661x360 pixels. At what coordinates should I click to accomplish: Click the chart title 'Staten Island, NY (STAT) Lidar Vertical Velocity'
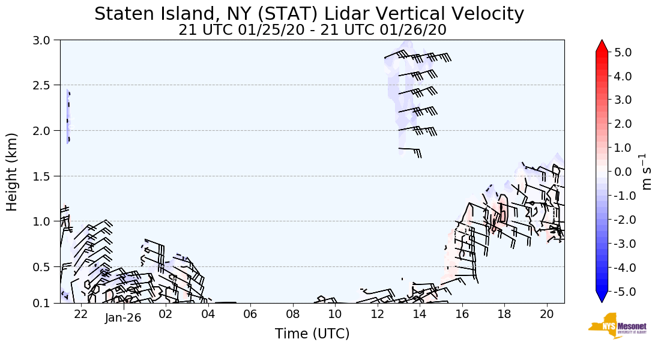click(x=309, y=14)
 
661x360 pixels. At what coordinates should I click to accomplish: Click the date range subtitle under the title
click(x=312, y=30)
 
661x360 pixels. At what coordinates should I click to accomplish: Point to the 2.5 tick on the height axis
click(x=46, y=85)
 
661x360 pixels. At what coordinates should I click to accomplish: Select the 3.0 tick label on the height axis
click(x=46, y=40)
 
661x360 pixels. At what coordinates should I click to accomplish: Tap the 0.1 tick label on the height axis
click(x=46, y=303)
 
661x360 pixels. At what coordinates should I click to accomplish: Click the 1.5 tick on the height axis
click(x=46, y=176)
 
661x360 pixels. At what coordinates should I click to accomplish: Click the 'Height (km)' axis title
click(x=13, y=172)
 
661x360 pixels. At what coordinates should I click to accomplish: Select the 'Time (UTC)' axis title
click(x=312, y=334)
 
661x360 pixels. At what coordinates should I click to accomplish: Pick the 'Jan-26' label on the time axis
click(x=123, y=318)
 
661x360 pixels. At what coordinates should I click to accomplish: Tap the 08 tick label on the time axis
click(x=292, y=314)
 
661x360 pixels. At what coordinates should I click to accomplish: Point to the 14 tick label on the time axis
click(x=420, y=314)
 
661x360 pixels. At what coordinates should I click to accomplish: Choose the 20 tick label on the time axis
click(x=546, y=314)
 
